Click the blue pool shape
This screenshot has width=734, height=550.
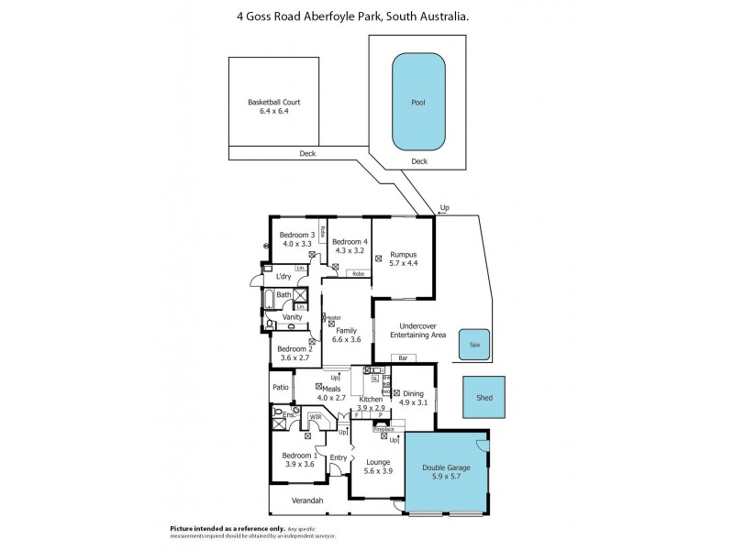(418, 102)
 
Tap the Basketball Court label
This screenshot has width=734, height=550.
(274, 102)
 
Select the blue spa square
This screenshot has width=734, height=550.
(474, 345)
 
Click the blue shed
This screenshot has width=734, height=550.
(484, 398)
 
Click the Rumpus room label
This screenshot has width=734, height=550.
(404, 255)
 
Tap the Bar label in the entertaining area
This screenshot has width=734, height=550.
(404, 357)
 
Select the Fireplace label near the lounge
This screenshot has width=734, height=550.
(383, 428)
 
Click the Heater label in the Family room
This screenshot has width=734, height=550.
(332, 317)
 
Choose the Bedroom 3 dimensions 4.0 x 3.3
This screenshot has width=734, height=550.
(298, 244)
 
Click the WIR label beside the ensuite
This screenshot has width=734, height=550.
(315, 417)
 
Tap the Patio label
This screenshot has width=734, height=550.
(280, 388)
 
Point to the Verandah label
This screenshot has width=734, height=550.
(307, 500)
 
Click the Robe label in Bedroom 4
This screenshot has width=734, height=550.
(358, 273)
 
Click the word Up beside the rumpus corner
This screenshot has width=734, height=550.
(445, 208)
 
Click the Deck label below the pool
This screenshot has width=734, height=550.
(418, 161)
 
